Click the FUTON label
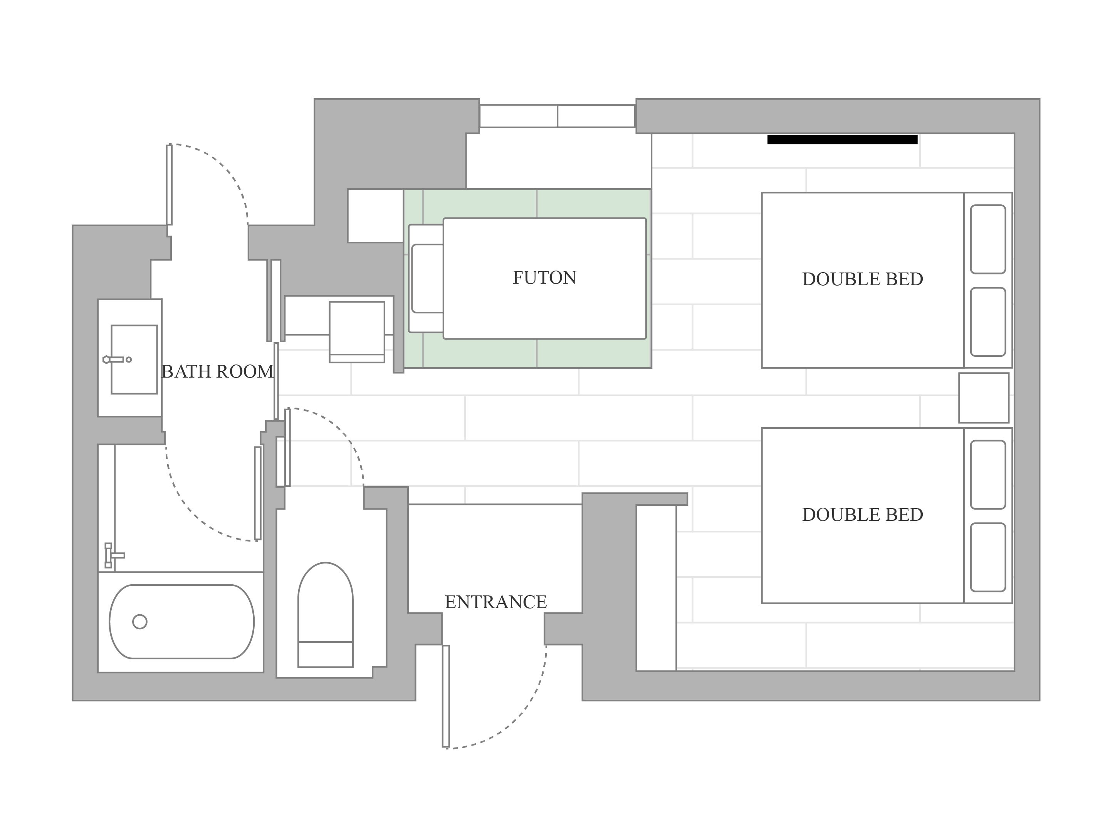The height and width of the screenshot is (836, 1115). pyautogui.click(x=544, y=278)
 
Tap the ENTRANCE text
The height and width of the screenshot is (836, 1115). pyautogui.click(x=495, y=602)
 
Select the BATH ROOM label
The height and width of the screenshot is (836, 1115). pyautogui.click(x=217, y=372)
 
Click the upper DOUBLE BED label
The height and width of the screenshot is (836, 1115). pyautogui.click(x=863, y=279)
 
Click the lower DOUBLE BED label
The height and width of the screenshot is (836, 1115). pyautogui.click(x=863, y=515)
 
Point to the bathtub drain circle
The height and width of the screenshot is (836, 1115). pyautogui.click(x=139, y=622)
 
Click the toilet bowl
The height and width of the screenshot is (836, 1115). pyautogui.click(x=325, y=602)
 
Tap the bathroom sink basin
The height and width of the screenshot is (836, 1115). pyautogui.click(x=134, y=359)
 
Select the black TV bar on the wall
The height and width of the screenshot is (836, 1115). pyautogui.click(x=842, y=139)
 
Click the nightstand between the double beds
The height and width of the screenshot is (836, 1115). pyautogui.click(x=984, y=398)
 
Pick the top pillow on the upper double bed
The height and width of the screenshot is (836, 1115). pyautogui.click(x=988, y=239)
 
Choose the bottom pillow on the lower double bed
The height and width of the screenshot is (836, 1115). pyautogui.click(x=988, y=557)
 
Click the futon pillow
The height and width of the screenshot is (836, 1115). pyautogui.click(x=427, y=279)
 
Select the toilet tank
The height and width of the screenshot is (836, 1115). pyautogui.click(x=325, y=655)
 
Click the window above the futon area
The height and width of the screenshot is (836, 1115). pyautogui.click(x=557, y=116)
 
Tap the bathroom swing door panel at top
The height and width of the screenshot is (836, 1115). pyautogui.click(x=170, y=185)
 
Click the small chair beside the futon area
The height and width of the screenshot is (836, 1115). pyautogui.click(x=357, y=332)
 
